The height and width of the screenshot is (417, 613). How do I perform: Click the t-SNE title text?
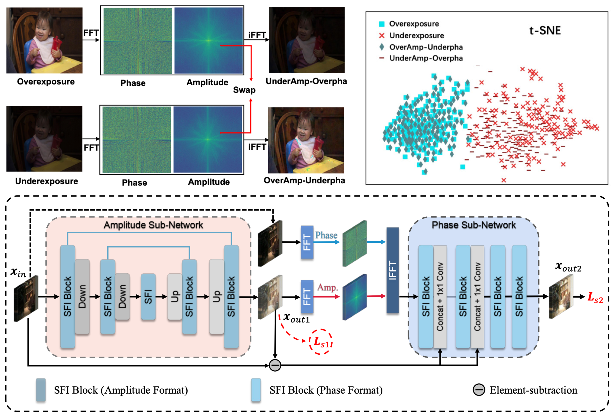click(545, 31)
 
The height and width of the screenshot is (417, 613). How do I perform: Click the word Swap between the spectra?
click(244, 90)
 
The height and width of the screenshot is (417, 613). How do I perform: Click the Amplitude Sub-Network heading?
click(153, 225)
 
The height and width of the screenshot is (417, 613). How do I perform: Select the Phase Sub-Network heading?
click(474, 225)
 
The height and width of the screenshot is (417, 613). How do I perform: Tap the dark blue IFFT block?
click(392, 270)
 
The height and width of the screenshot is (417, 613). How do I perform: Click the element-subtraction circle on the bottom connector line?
click(275, 365)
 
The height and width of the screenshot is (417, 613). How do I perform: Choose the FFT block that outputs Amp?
click(307, 296)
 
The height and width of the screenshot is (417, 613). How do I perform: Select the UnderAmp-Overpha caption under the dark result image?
click(306, 81)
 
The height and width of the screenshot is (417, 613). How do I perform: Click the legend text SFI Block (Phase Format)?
click(326, 390)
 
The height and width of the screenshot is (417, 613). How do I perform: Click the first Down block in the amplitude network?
click(82, 296)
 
